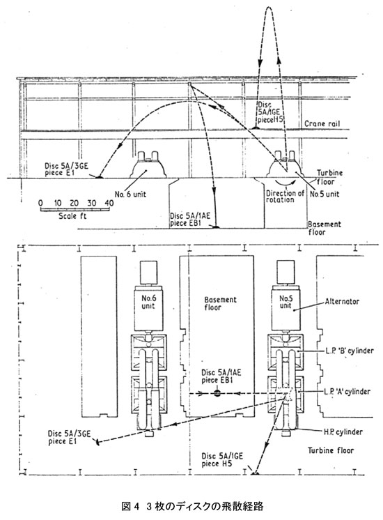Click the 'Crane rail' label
[x=322, y=124]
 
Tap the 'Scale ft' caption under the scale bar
[x=72, y=216]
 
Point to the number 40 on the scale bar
[x=109, y=203]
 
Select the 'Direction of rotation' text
[x=285, y=197]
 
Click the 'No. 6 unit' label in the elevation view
[x=130, y=194]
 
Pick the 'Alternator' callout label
[x=342, y=301]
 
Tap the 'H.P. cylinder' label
[x=343, y=431]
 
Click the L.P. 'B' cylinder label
[x=349, y=351]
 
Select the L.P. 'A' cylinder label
[x=347, y=391]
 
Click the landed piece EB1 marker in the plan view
[x=217, y=394]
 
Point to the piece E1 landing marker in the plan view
[x=97, y=442]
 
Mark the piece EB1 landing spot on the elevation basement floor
[x=215, y=227]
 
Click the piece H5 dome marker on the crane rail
[x=256, y=128]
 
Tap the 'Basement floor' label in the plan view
[x=220, y=303]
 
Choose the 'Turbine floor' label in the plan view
[x=331, y=450]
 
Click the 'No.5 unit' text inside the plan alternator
[x=286, y=301]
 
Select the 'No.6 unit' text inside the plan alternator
[x=148, y=301]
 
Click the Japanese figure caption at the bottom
[x=192, y=506]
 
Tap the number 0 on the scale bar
[x=40, y=203]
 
